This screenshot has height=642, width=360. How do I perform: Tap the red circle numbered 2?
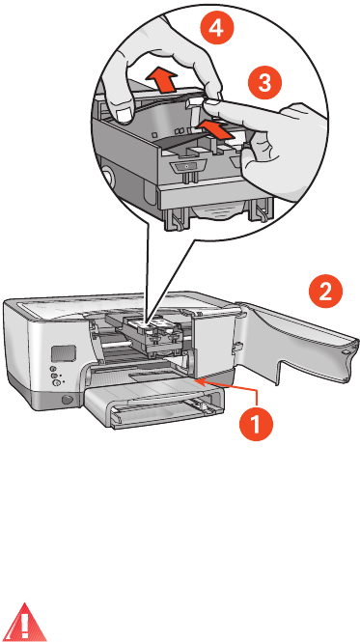click(325, 293)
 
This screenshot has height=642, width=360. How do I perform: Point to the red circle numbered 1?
click(256, 424)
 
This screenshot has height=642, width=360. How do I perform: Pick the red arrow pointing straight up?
click(163, 80)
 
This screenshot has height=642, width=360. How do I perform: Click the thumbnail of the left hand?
click(122, 116)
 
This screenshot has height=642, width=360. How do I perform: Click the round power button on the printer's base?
click(66, 399)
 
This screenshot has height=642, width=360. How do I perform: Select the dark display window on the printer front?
click(64, 352)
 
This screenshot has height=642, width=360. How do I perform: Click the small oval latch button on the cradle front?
click(185, 167)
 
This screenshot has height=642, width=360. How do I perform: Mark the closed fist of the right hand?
click(285, 153)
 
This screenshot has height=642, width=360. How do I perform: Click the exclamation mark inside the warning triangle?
click(25, 624)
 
